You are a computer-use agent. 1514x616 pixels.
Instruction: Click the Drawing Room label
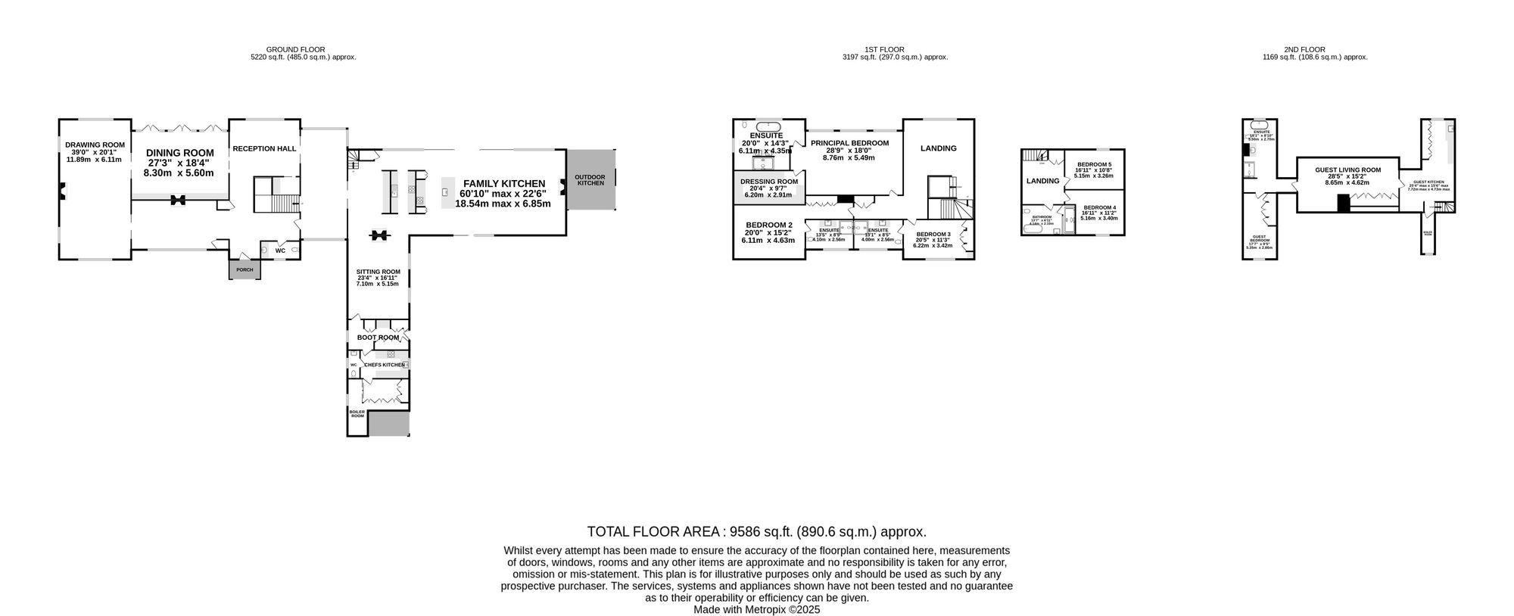tap(95, 145)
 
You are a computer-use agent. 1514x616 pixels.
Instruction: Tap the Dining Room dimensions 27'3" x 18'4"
tap(180, 163)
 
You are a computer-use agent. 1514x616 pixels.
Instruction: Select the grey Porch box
tap(245, 269)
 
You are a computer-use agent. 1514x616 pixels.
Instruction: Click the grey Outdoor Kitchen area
tap(590, 180)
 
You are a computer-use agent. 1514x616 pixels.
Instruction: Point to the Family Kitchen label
tap(504, 184)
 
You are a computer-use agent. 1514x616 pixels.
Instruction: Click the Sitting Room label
tap(378, 272)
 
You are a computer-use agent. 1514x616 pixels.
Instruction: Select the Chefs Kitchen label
tap(385, 365)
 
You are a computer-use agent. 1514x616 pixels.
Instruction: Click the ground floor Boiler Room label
tap(357, 414)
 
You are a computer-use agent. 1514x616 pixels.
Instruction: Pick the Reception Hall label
tap(264, 148)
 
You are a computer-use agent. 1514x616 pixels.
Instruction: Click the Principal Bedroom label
tap(849, 143)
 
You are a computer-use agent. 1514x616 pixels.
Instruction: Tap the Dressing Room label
tap(768, 182)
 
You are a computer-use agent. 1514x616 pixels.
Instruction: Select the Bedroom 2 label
tap(768, 225)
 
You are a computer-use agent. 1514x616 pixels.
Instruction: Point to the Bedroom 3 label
tap(933, 235)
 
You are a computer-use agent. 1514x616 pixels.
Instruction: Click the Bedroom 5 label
tap(1094, 165)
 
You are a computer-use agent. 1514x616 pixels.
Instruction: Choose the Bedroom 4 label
tap(1099, 207)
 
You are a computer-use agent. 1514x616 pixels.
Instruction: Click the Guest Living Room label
tap(1347, 170)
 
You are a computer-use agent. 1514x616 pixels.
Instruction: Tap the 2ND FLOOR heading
tap(1315, 50)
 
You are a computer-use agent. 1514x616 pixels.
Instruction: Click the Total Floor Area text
tap(756, 531)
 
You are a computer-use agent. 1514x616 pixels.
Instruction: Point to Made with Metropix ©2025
tap(756, 609)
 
